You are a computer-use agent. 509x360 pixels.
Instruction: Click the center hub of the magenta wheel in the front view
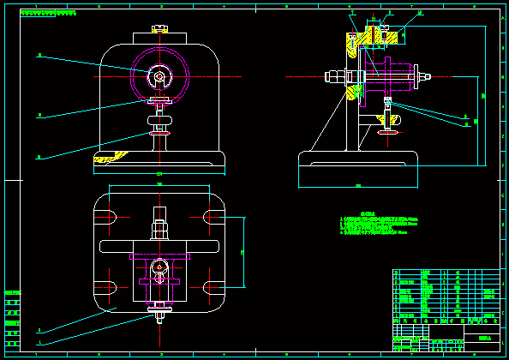[159, 76]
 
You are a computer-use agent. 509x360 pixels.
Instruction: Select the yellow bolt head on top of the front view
[159, 28]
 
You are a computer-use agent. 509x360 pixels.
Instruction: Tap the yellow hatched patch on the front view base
[111, 158]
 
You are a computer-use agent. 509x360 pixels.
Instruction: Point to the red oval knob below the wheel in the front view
[159, 132]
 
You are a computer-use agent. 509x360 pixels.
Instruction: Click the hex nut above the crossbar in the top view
[159, 230]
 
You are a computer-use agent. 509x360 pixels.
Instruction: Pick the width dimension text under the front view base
[159, 175]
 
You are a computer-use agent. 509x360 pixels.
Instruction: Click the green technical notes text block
[377, 225]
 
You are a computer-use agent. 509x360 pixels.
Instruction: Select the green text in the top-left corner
[48, 14]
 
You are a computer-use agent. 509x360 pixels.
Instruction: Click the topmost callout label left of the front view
[39, 56]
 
